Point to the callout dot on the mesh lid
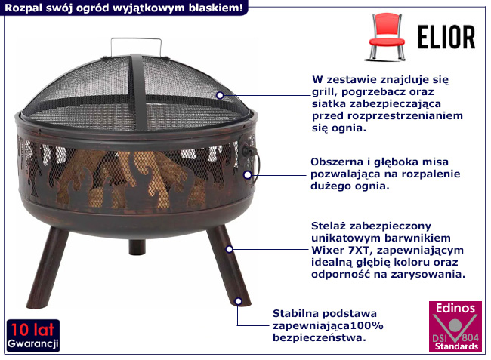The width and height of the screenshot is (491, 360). tap(220, 95)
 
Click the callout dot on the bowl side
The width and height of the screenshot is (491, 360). tap(247, 174)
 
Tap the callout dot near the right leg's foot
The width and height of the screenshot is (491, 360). tap(238, 300)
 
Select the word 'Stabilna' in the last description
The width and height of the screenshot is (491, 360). tap(296, 312)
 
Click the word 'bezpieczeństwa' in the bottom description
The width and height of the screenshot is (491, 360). tap(318, 337)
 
